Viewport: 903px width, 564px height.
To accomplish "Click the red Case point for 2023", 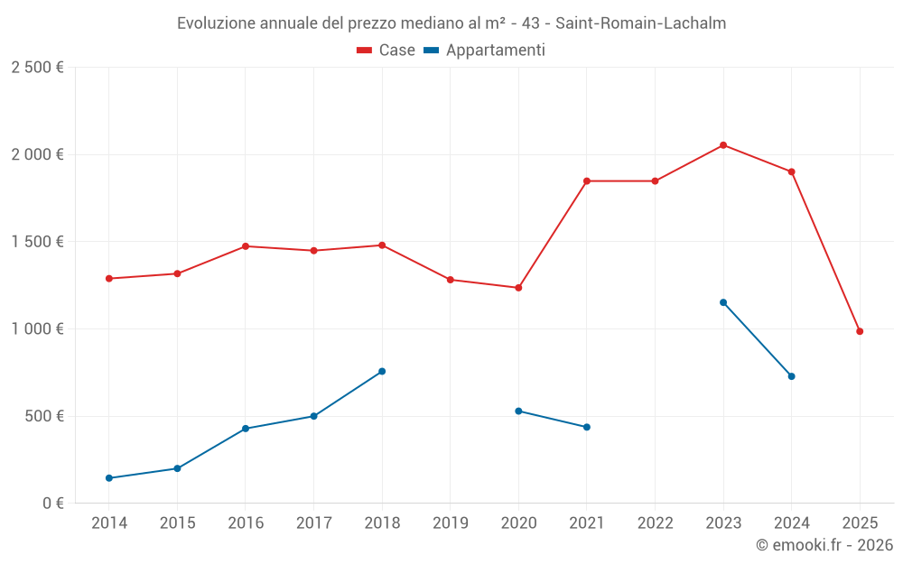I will pos(723,145).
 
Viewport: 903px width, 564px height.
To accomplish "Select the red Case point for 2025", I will pos(860,331).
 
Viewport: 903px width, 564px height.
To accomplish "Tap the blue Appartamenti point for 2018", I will pos(382,371).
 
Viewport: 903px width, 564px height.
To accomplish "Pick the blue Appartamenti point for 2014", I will pos(109,478).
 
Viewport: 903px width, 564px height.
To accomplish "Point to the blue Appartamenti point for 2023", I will pos(723,302).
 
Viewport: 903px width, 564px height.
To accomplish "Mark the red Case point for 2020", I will pos(518,288).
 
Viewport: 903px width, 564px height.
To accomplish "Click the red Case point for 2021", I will pos(587,181).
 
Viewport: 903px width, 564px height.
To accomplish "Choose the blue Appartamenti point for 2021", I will pos(587,427).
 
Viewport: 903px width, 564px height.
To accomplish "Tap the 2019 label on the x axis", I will pos(451,522).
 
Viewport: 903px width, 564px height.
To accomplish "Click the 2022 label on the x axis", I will pos(655,522).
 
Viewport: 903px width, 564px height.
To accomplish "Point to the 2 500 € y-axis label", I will pos(37,68).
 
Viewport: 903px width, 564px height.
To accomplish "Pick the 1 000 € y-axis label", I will pos(37,329).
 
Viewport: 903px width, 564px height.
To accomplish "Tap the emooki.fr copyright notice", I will pos(824,545).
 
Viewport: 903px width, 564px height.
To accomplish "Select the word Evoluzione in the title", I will pos(215,23).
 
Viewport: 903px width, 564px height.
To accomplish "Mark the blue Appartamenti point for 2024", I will pos(791,376).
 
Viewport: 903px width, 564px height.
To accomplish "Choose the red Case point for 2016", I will pos(246,246).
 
